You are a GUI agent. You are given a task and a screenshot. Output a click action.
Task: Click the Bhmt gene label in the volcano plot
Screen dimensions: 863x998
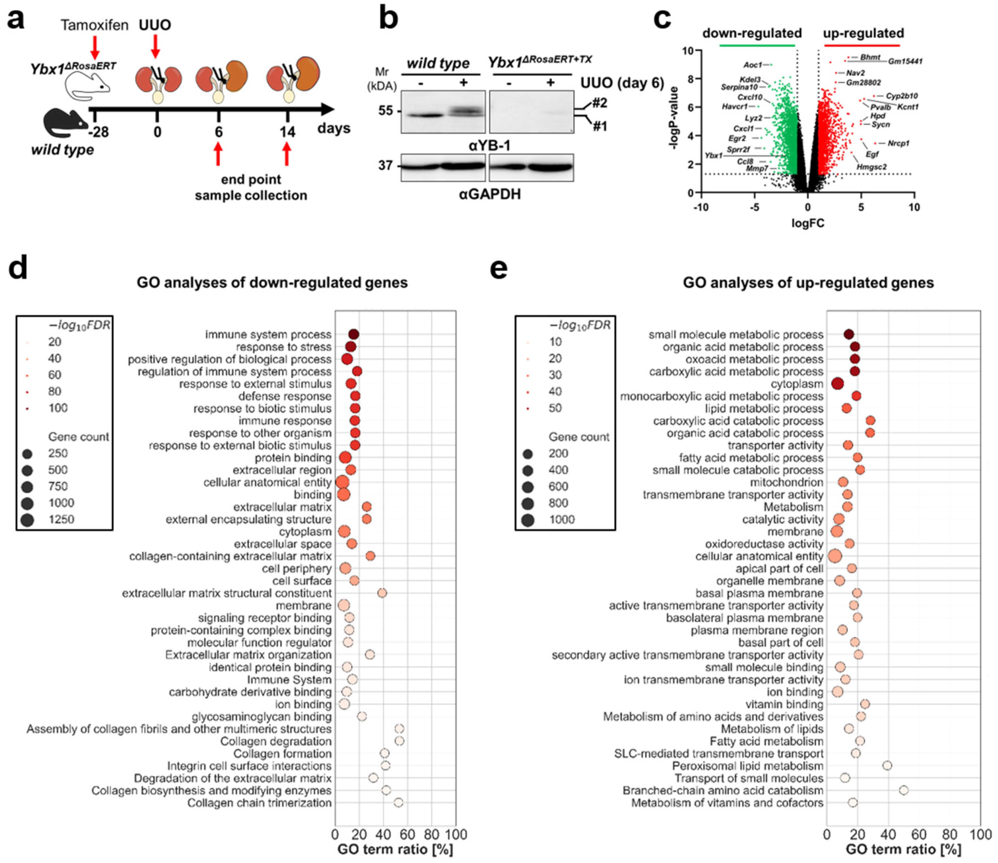[870, 57]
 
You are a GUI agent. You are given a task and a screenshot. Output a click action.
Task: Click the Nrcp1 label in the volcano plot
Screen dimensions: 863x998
[899, 143]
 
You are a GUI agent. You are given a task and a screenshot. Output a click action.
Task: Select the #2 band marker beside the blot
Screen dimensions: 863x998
[600, 103]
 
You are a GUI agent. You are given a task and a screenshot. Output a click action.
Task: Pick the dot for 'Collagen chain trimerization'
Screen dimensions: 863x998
[398, 802]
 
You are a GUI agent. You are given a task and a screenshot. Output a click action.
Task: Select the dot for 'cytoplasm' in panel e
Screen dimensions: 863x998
[838, 384]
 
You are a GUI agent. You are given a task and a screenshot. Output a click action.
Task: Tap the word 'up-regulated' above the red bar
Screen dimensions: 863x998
[863, 33]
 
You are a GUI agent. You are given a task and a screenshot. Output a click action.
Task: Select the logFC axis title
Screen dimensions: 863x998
[808, 223]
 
